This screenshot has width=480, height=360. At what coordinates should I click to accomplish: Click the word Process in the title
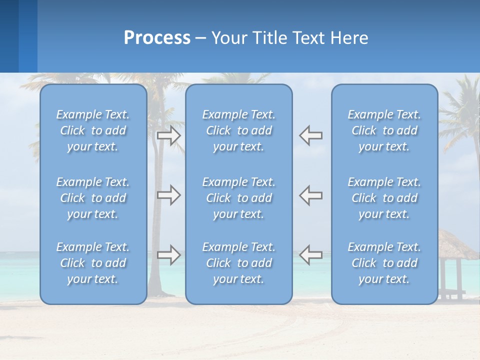(157, 38)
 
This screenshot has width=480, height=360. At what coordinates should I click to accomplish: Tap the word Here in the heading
(348, 38)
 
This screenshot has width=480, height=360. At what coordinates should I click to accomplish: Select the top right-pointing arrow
(168, 136)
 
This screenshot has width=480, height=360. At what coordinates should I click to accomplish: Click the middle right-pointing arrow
(168, 195)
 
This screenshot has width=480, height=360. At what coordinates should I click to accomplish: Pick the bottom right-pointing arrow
(168, 255)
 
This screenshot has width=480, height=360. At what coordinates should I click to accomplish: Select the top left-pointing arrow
(311, 136)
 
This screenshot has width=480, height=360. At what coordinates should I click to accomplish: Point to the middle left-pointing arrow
(311, 195)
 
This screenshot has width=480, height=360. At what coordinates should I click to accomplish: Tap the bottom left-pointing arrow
(311, 255)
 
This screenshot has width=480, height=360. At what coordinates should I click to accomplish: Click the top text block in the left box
(93, 130)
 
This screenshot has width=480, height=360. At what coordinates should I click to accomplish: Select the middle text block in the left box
(93, 198)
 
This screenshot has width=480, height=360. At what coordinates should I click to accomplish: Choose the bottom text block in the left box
(93, 263)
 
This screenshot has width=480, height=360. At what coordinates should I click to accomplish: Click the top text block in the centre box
(239, 130)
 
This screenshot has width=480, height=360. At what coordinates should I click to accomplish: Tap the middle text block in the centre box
(239, 198)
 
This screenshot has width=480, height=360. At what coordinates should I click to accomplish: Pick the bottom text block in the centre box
(239, 263)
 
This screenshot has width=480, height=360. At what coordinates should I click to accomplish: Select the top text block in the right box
(384, 130)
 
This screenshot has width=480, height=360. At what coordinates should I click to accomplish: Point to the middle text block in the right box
(384, 198)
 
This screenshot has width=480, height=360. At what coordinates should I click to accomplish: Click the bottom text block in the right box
(384, 263)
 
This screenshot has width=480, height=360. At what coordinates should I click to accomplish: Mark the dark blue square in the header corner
(9, 36)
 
